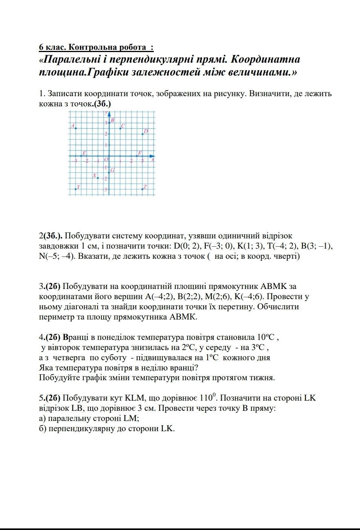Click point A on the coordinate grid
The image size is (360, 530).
[x=76, y=129]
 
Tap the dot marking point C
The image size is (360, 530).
[x=120, y=129]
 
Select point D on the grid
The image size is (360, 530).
[x=142, y=134]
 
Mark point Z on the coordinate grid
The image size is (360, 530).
[x=142, y=189]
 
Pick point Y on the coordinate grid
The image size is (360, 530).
[x=76, y=189]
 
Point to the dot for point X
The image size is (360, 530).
[x=98, y=178]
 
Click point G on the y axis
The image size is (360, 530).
[x=109, y=172]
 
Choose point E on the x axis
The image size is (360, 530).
[x=81, y=156]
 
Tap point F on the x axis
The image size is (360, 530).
[x=137, y=156]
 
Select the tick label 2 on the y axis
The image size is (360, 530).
[x=106, y=134]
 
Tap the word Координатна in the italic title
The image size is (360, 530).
[x=265, y=60]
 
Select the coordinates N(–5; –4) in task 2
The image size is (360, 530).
[x=56, y=257]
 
